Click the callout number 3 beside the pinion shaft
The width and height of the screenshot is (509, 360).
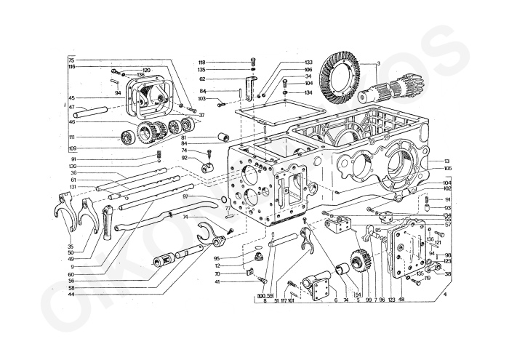[x=379, y=65]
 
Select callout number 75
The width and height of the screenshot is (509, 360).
[x=71, y=60]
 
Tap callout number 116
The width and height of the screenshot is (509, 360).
[x=71, y=67]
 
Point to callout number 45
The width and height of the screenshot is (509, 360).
[x=71, y=98]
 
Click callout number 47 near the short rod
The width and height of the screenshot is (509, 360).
[x=71, y=107]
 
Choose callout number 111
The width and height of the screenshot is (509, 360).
[x=72, y=137]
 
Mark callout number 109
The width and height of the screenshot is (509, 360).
[x=72, y=148]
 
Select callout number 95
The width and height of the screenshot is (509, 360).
[x=217, y=257]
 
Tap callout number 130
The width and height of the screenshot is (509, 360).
[x=73, y=166]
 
